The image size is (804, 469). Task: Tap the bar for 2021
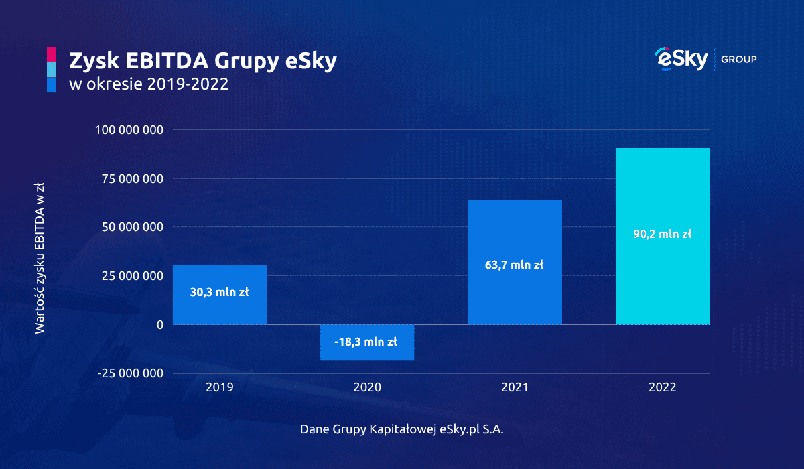(515, 228)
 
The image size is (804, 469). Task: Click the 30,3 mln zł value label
(220, 293)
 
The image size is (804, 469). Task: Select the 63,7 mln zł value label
(515, 265)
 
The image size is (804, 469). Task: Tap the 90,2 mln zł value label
(662, 234)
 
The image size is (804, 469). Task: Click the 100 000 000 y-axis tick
(130, 130)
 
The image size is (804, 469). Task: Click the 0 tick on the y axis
(159, 325)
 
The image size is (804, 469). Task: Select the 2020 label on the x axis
(367, 387)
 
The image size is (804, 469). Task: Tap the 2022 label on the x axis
(662, 387)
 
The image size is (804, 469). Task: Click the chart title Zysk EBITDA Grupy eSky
(203, 62)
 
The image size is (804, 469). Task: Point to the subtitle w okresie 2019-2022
(149, 85)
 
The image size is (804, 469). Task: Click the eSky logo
(681, 59)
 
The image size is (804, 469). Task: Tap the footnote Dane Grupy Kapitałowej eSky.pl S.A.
(402, 429)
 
